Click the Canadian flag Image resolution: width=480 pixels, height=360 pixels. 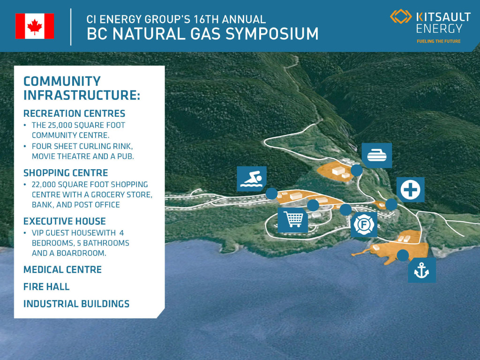click(x=35, y=26)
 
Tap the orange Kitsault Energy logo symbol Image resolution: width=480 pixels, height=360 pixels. click(x=401, y=16)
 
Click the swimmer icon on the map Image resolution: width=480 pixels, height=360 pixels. click(x=252, y=179)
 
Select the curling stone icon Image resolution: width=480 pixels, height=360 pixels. click(x=377, y=155)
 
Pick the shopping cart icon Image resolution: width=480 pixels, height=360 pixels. click(x=293, y=220)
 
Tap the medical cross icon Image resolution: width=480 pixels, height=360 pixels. click(x=411, y=190)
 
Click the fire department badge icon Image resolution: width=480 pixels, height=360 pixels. click(x=364, y=225)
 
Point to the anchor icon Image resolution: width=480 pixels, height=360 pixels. click(x=422, y=270)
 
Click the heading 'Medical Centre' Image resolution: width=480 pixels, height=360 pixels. click(x=62, y=270)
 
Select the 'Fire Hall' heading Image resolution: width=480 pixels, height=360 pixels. click(x=46, y=287)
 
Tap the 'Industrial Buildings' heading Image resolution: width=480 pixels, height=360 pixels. click(x=76, y=304)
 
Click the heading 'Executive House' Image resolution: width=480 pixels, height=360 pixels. click(x=65, y=221)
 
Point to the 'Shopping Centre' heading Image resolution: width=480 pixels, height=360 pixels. click(x=66, y=173)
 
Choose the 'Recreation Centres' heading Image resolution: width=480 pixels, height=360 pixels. click(x=75, y=113)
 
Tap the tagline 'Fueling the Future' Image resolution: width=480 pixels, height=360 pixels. click(x=438, y=41)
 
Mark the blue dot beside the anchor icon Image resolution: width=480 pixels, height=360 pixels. click(x=403, y=255)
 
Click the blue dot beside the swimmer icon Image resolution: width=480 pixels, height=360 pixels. click(x=271, y=194)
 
